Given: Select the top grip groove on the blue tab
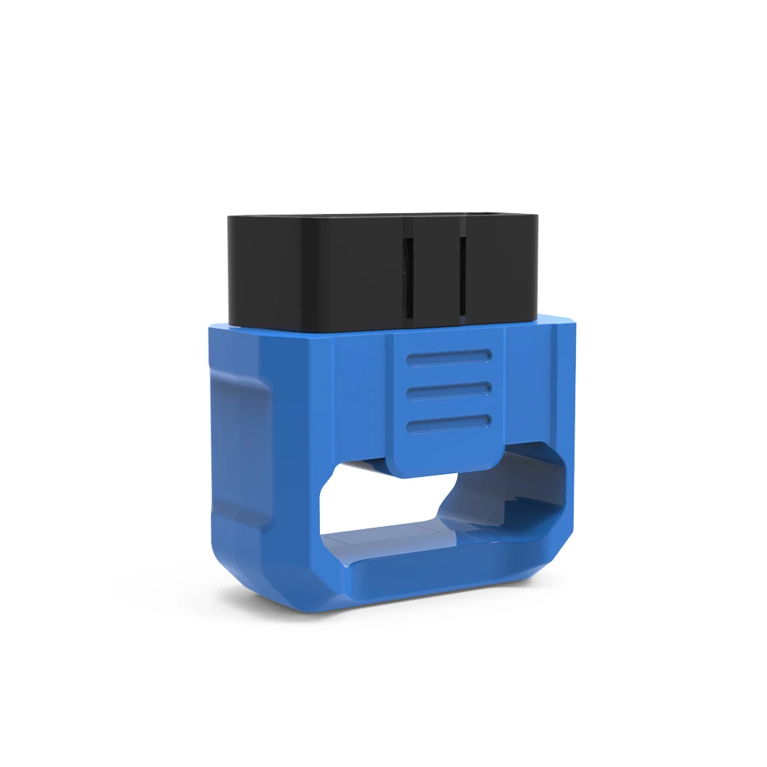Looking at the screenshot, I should pyautogui.click(x=449, y=357).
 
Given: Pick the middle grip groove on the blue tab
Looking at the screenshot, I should pyautogui.click(x=449, y=390).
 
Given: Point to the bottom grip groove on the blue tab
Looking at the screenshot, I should pyautogui.click(x=449, y=423).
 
